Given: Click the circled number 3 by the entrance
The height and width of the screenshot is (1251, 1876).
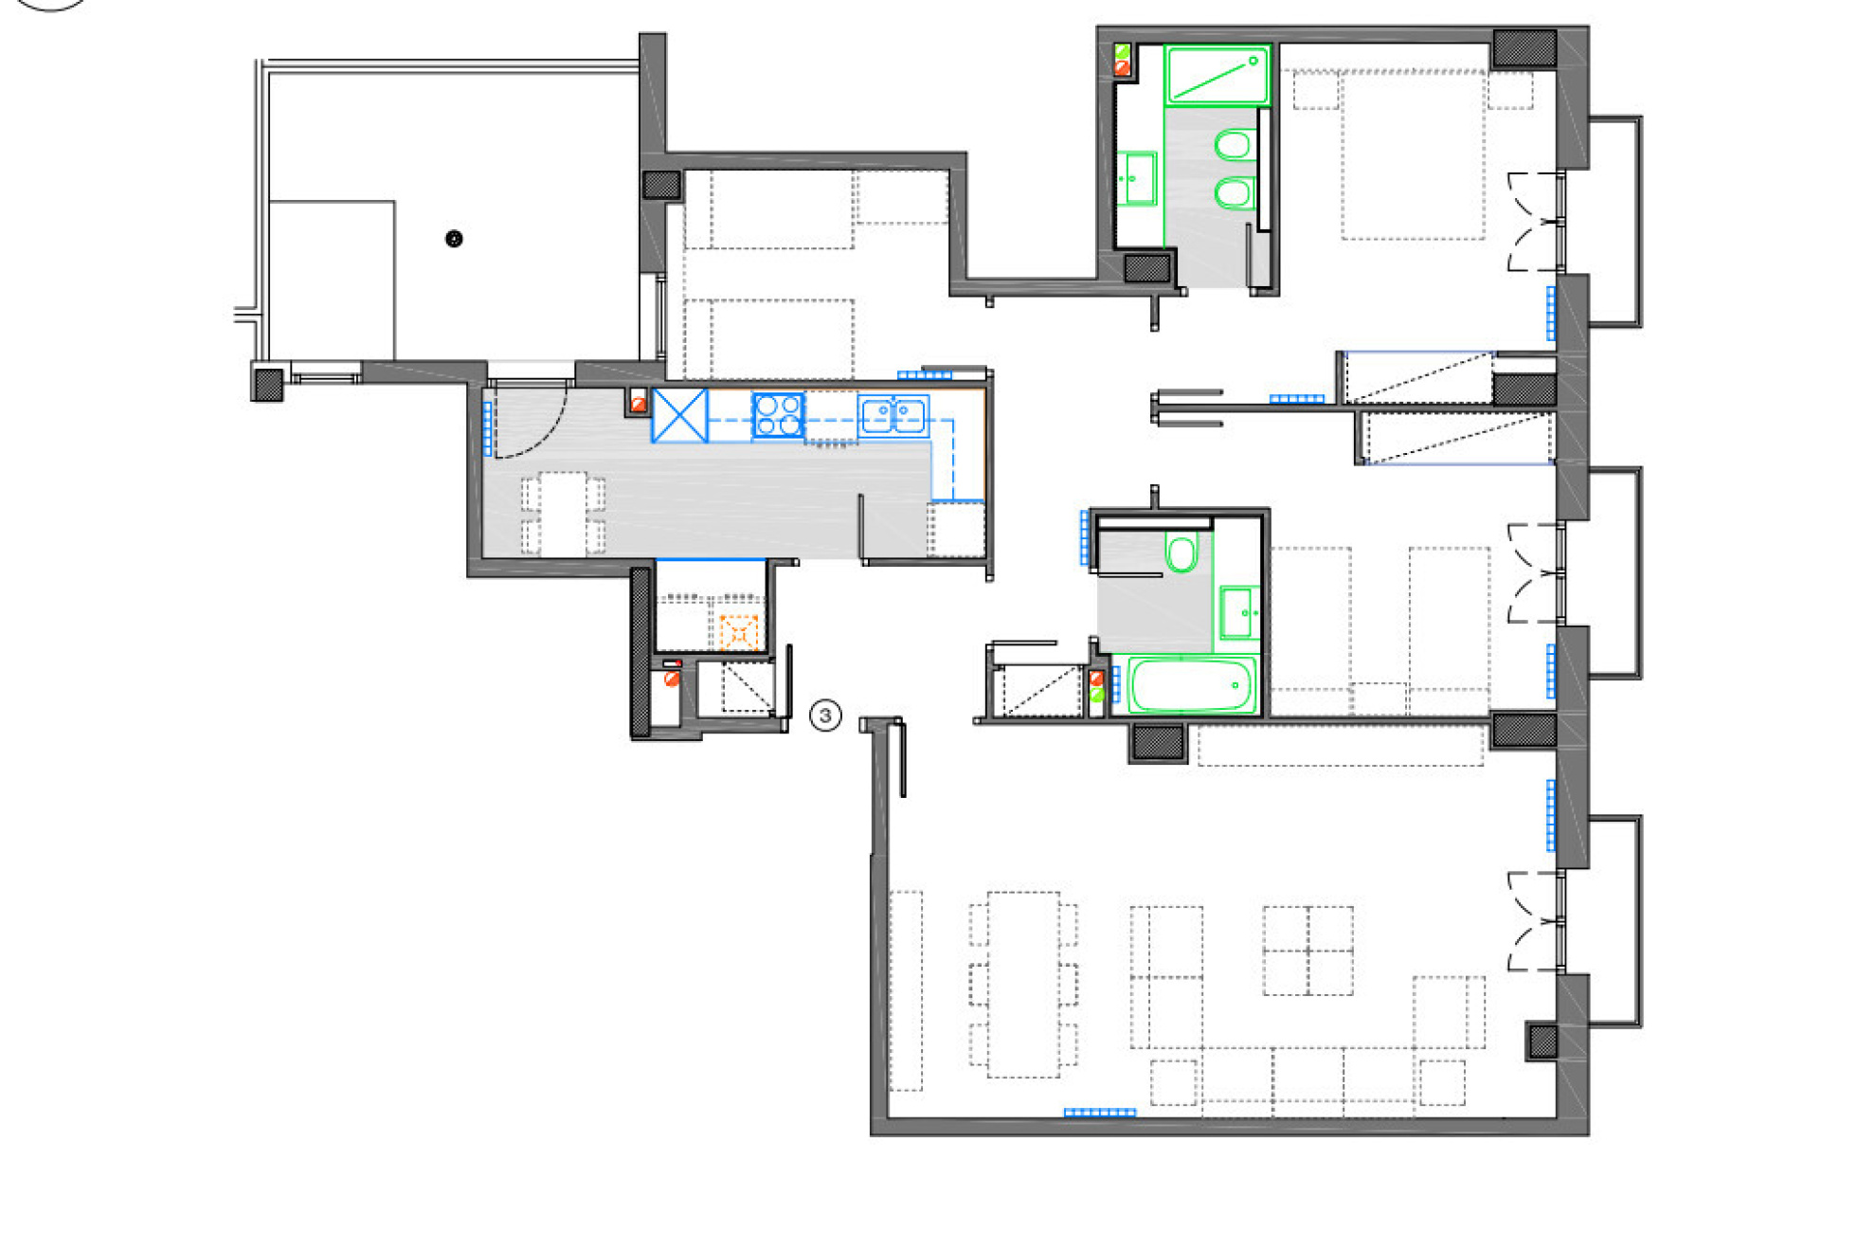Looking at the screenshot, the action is coord(825,716).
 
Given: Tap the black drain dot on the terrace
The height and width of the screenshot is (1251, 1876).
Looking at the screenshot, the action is coord(454,239).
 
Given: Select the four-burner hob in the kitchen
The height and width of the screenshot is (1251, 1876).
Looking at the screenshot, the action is coord(778,416).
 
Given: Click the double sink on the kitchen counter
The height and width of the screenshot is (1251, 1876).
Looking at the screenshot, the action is coord(893,416).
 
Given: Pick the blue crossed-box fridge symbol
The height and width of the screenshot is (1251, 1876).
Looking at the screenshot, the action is coord(680,415).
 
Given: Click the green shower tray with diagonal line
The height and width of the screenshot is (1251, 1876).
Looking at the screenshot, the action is coord(1217,76).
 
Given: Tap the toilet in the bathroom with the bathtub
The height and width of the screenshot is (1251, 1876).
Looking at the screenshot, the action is coord(1181,553).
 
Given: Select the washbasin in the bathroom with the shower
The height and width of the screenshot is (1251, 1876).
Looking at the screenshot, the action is coord(1136,178).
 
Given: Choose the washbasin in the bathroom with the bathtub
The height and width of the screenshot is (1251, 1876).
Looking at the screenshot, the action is coord(1238,612).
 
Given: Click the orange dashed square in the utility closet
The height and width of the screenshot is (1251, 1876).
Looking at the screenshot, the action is coord(739,632).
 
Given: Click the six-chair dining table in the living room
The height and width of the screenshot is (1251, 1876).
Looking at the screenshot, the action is coord(1023,985).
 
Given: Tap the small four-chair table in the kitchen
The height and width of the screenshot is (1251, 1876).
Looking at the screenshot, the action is coord(563,514).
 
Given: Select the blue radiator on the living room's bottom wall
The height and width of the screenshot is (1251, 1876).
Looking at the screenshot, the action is coord(1099,1113).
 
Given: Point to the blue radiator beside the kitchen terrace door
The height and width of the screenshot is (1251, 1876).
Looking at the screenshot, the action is coord(488,428).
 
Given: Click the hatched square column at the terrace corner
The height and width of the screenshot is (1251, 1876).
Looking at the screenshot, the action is coord(268,384).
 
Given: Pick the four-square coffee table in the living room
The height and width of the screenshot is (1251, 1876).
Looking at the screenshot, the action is coord(1308,951).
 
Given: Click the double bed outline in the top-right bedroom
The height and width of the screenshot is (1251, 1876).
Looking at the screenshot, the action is coord(1413,154).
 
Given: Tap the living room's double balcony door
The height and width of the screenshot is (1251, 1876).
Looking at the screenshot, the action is coord(1533,921).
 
